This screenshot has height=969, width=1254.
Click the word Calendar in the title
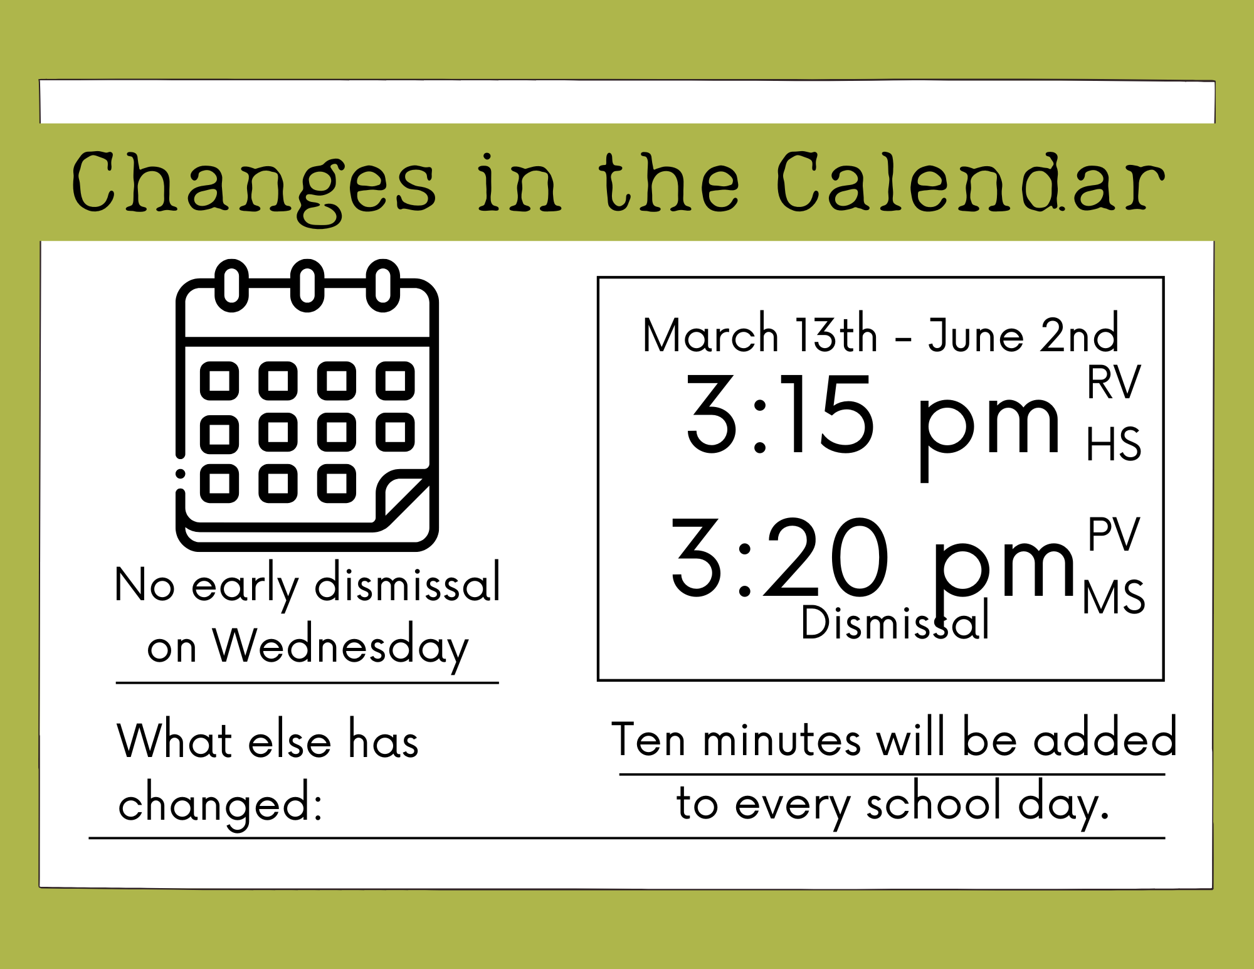[970, 182]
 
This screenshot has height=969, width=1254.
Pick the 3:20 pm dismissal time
[873, 564]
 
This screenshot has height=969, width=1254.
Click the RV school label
[1114, 382]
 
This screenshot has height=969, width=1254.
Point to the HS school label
[1114, 444]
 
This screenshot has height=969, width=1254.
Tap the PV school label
[1114, 534]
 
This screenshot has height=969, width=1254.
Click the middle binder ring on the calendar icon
[307, 285]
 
